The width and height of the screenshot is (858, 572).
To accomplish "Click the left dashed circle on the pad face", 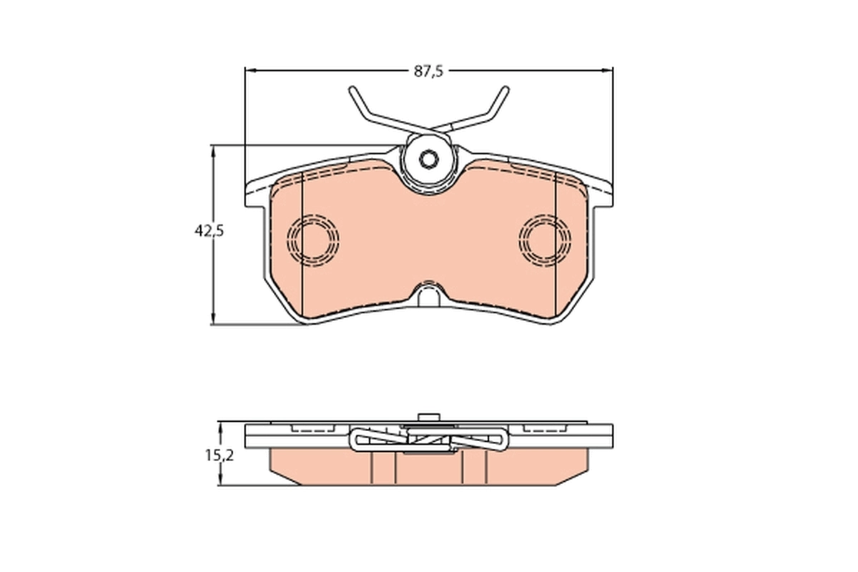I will click(x=312, y=239).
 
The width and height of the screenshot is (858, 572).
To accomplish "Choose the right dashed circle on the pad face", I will click(x=546, y=239).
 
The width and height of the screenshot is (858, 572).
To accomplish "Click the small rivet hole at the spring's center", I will click(x=428, y=159).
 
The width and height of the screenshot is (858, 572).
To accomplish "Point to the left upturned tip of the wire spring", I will click(x=352, y=92).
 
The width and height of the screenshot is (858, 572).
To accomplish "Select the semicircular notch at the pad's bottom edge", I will click(x=429, y=295).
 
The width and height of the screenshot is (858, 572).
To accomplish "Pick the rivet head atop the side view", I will click(x=428, y=419).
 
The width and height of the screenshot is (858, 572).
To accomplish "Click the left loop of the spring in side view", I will click(x=362, y=439).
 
